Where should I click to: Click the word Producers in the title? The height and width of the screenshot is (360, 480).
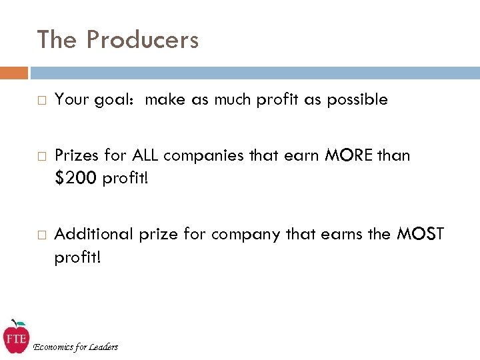(143, 40)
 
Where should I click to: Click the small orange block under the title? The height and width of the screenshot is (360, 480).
(14, 73)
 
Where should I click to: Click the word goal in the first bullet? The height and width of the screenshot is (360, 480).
(119, 101)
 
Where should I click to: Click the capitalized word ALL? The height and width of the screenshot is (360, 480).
(145, 156)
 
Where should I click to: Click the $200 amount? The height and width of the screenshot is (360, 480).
(76, 179)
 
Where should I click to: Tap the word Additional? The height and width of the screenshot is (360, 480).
(94, 234)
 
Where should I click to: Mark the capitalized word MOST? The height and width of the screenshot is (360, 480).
(421, 234)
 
